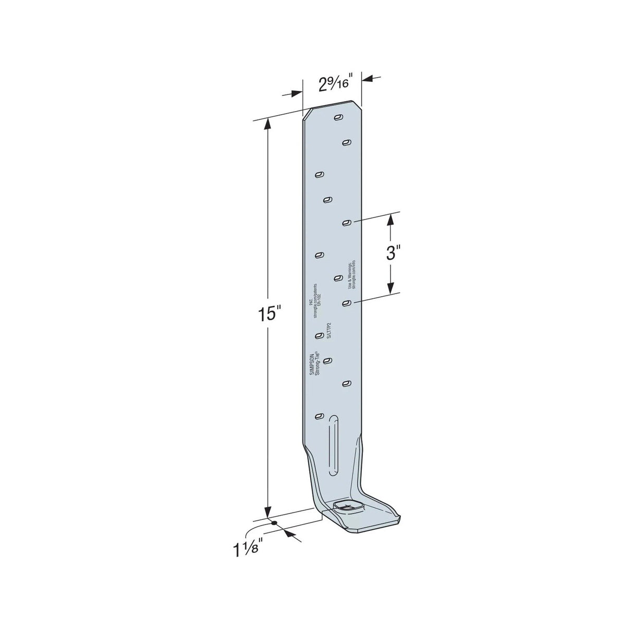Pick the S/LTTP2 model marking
pos(329,331)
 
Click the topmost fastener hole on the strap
pos(338,118)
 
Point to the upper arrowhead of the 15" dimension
pos(268,122)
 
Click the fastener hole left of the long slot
pos(319,416)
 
